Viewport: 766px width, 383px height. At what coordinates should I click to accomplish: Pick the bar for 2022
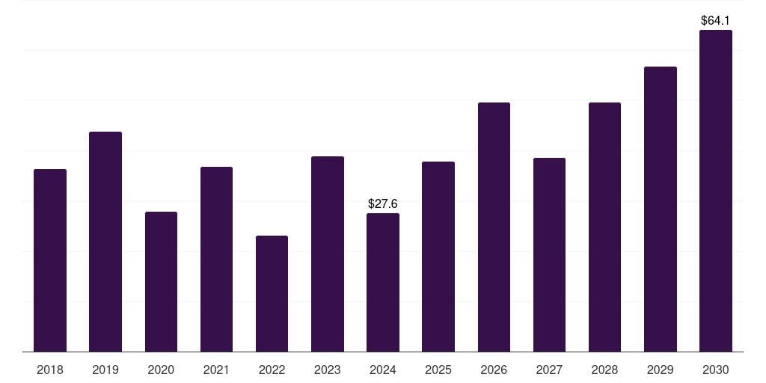point(272,293)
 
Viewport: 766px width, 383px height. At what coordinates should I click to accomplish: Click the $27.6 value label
point(383,203)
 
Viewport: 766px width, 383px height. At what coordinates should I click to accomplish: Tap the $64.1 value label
point(716,21)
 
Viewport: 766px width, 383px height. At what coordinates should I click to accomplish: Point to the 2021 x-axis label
point(216,370)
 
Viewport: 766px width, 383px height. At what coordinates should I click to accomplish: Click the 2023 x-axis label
point(328,370)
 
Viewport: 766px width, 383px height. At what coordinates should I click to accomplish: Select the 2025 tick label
point(438,370)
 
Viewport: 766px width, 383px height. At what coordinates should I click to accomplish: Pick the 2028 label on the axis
point(604,370)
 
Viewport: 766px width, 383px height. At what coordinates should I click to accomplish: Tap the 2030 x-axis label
point(716,370)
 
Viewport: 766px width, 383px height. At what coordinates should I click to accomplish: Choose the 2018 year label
point(50,370)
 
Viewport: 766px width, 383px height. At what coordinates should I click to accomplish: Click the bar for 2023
point(328,254)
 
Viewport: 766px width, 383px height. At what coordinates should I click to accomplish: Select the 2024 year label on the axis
point(383,370)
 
